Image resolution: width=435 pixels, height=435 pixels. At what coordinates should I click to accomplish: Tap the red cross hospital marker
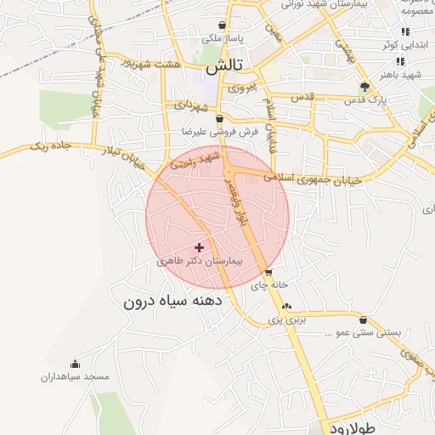tap(200, 247)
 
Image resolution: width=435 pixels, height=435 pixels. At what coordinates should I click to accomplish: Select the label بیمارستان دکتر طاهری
tap(200, 263)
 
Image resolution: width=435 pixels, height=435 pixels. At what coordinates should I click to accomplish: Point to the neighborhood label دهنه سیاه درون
tap(172, 301)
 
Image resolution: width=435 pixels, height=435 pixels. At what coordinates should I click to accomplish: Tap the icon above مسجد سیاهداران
tap(75, 363)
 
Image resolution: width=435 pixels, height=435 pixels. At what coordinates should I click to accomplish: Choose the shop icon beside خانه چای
tap(269, 273)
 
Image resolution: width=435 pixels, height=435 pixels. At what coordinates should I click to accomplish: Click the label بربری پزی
tap(286, 320)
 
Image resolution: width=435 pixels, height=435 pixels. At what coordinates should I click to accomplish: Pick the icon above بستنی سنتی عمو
tap(364, 320)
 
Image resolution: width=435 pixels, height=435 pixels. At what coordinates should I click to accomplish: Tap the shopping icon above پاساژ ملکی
tap(223, 25)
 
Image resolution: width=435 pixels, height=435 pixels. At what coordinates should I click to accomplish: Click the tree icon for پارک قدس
tap(365, 86)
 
